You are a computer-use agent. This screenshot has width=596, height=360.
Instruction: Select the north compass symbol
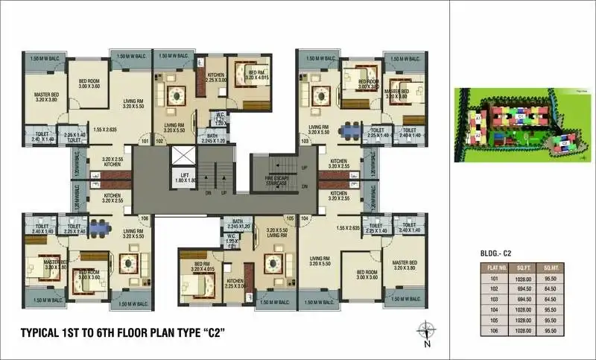426,331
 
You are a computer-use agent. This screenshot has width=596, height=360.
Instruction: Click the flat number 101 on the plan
145,140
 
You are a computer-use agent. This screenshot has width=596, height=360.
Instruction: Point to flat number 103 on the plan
304,140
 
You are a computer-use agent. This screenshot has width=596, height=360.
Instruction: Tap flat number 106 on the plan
145,218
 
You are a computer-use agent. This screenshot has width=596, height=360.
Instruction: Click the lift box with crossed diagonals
183,157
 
